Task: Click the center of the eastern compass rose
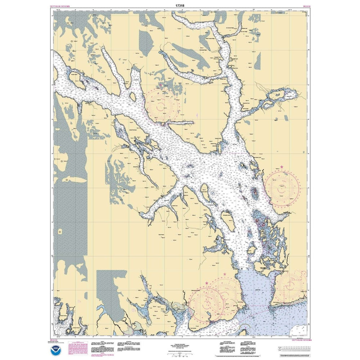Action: coord(282,186)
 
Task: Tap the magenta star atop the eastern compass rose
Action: coord(282,167)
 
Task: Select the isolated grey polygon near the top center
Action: coord(146,42)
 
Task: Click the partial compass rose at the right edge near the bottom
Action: coord(293,284)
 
